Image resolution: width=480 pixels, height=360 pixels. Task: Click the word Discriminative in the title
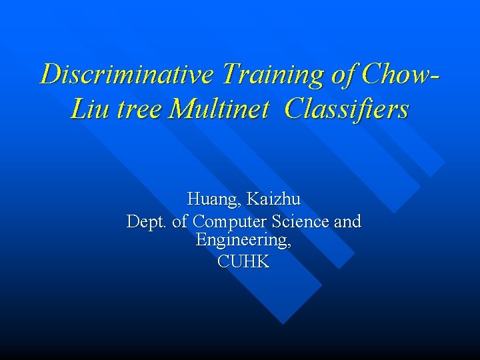(127, 74)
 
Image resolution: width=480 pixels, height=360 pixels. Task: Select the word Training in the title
(273, 74)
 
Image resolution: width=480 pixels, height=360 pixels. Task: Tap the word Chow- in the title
(399, 74)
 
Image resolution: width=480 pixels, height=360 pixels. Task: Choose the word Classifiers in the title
(346, 108)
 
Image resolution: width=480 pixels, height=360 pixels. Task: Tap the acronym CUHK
(243, 262)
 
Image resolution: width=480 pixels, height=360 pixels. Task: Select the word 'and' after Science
(347, 221)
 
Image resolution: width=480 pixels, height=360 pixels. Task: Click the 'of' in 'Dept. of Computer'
(179, 221)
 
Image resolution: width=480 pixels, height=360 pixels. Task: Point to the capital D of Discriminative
(50, 74)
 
